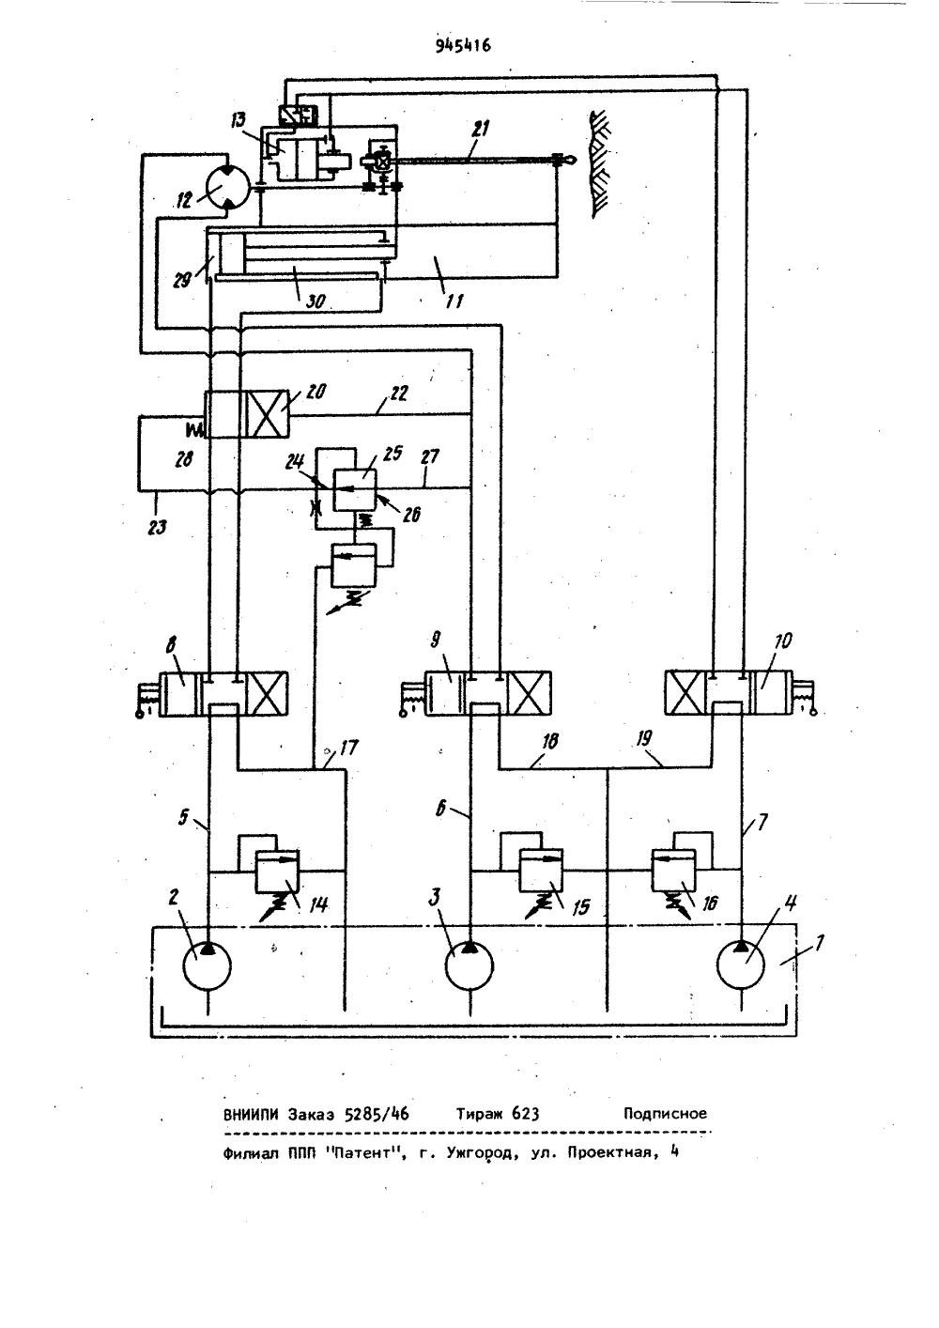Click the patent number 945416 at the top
click(x=463, y=46)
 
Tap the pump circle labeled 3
click(x=469, y=966)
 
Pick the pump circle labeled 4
click(x=741, y=965)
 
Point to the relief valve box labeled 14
click(x=277, y=872)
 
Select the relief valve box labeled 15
click(x=541, y=871)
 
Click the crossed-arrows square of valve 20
click(x=267, y=414)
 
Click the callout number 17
click(x=349, y=749)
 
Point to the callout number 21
click(x=481, y=130)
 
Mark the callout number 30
click(x=316, y=301)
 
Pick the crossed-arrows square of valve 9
click(x=530, y=694)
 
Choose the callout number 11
click(x=454, y=301)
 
